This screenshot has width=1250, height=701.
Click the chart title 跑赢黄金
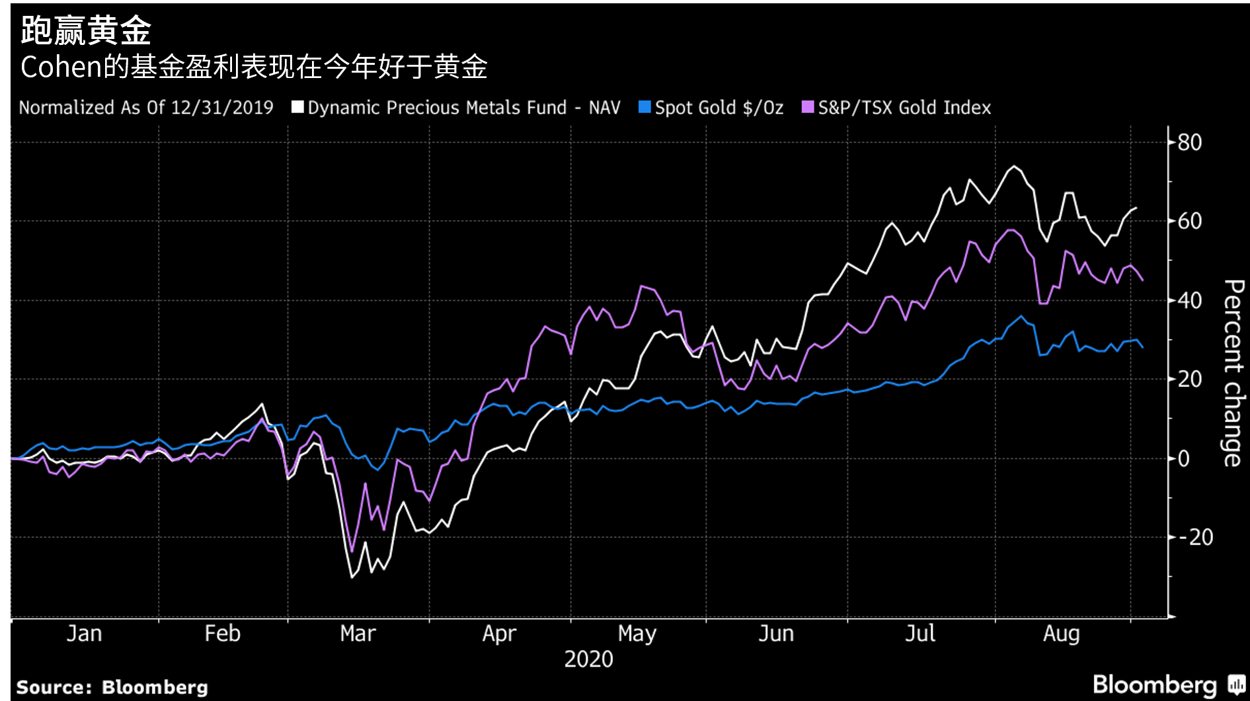tap(87, 30)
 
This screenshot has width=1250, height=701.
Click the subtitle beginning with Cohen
tap(254, 67)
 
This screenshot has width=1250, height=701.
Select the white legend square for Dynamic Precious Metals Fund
tap(297, 107)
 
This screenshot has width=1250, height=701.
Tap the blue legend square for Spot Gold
tap(645, 107)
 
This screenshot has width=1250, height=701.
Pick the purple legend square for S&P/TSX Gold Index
tap(808, 107)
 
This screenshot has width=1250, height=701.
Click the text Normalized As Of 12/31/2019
tap(146, 108)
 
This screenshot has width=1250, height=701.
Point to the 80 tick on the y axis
tap(1189, 142)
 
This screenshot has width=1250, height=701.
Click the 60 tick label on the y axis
tap(1189, 221)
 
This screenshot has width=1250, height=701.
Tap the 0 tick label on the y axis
tap(1183, 458)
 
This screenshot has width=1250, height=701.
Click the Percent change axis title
tap(1233, 373)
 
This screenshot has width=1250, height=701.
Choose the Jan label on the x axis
tap(84, 634)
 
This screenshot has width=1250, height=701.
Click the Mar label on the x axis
tap(358, 634)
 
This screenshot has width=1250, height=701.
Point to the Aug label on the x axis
tap(1061, 634)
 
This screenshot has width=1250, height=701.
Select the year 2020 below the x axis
tap(588, 659)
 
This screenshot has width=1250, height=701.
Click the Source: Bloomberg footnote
tap(112, 687)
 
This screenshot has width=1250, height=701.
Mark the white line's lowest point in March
tap(352, 577)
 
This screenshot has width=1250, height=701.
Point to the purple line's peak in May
tap(641, 286)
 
